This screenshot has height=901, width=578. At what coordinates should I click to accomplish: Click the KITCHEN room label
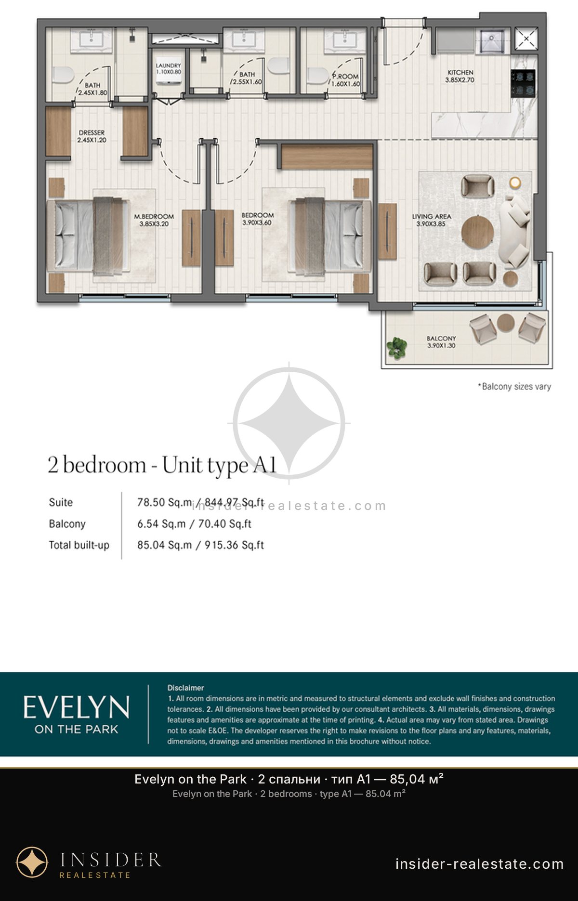tap(460, 73)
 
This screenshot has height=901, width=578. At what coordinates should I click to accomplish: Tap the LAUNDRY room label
tap(168, 65)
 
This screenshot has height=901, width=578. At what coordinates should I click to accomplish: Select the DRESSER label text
tap(92, 132)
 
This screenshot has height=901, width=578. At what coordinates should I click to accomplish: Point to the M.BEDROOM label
tap(154, 217)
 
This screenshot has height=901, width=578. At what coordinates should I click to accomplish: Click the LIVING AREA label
tap(432, 217)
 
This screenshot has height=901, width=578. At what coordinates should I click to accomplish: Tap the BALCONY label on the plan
tap(441, 339)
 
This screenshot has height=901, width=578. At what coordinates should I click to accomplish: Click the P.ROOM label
tap(346, 76)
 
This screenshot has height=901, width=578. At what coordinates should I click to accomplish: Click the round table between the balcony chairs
tap(506, 322)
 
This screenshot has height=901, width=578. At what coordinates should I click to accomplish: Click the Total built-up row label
tap(79, 545)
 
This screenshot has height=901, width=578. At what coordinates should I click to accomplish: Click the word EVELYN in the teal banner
tap(77, 707)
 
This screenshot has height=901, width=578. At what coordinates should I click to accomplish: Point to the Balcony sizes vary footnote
tap(514, 386)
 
